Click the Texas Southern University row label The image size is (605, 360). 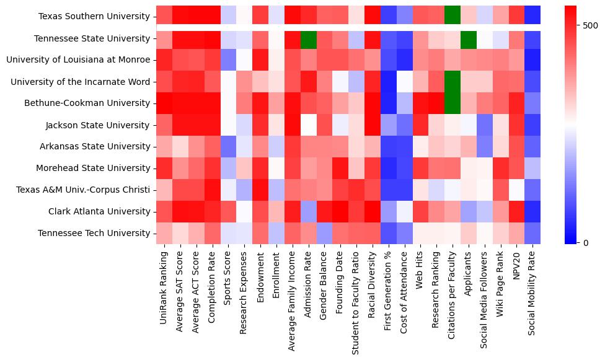(94, 17)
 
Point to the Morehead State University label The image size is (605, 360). (97, 168)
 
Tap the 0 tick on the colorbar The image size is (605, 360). (586, 242)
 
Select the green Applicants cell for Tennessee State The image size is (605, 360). (468, 38)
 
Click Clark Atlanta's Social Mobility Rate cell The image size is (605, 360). (532, 211)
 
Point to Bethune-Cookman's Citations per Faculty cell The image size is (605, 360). (452, 103)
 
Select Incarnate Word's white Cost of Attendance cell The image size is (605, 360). (404, 82)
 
